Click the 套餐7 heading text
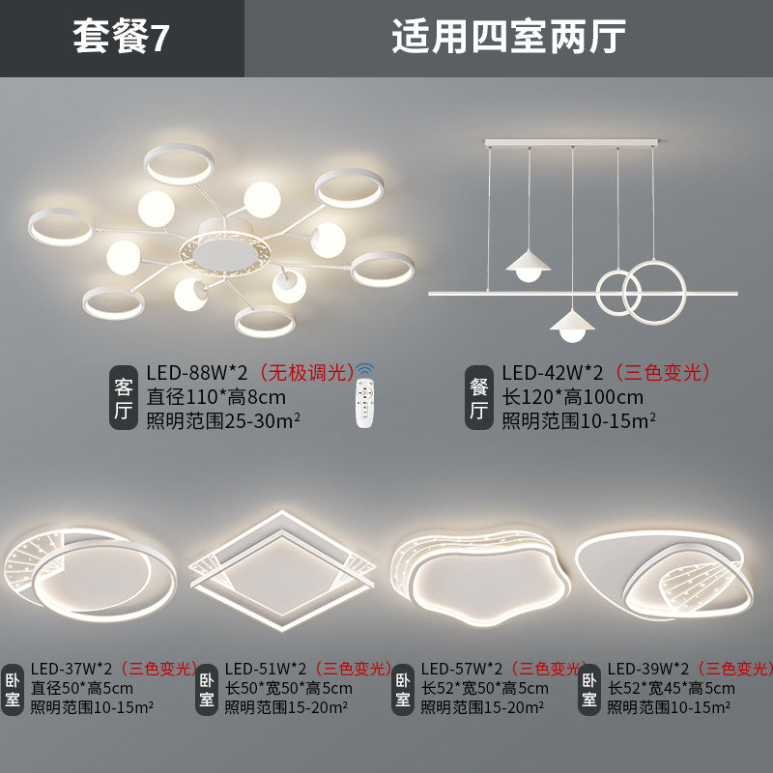tap(122, 38)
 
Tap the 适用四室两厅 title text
tap(508, 38)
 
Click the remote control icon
tap(364, 407)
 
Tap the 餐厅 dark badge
tap(479, 398)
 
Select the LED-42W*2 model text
tap(552, 373)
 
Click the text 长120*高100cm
tap(572, 396)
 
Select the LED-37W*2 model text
tap(72, 668)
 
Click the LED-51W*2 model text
tap(266, 668)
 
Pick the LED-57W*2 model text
tap(462, 668)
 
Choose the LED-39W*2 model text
tap(647, 668)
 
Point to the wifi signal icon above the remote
tap(364, 370)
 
